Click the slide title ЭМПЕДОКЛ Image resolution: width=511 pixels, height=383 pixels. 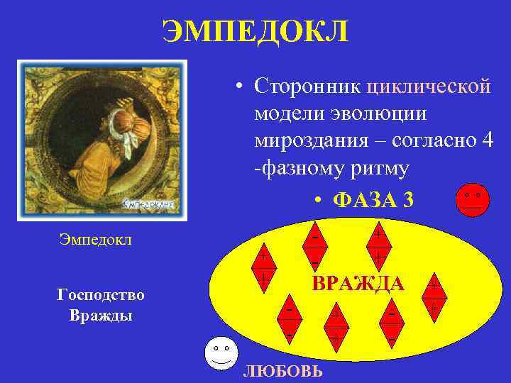(255, 31)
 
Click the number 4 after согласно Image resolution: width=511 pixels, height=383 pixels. (486, 140)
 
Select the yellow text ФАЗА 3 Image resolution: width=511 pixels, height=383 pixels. (372, 200)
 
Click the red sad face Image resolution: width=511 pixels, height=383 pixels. (472, 200)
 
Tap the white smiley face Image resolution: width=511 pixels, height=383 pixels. (221, 355)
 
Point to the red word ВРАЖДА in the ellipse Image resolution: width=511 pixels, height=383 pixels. (359, 284)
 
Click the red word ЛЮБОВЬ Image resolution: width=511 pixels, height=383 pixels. (282, 372)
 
